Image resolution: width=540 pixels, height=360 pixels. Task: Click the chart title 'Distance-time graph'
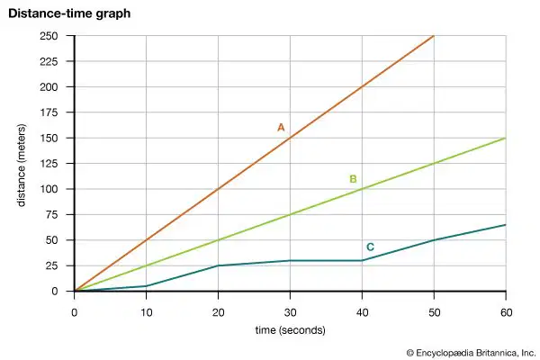(x=69, y=13)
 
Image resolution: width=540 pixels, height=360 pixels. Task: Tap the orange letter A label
(x=281, y=128)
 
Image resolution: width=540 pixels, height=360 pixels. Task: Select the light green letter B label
(x=353, y=179)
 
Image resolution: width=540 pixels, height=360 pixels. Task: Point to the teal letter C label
(x=370, y=247)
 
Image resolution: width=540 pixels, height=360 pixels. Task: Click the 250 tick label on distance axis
(x=49, y=36)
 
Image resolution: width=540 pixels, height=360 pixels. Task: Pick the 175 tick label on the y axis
(x=49, y=112)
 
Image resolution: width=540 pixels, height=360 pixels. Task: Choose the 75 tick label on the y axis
(x=51, y=214)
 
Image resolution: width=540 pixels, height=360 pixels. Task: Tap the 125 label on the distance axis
(x=49, y=163)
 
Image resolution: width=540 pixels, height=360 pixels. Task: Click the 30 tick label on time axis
(x=291, y=312)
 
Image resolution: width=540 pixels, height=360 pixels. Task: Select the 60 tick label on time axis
(x=506, y=312)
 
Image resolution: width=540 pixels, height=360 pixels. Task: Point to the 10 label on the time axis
(x=147, y=312)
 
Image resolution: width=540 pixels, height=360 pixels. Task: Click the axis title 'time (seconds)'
(x=291, y=330)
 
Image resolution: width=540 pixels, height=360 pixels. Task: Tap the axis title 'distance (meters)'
(x=22, y=166)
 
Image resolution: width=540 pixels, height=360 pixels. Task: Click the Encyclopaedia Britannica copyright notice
(x=471, y=353)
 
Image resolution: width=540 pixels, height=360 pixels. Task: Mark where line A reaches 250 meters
(x=434, y=36)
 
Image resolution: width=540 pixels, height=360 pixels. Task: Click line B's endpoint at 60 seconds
(x=506, y=138)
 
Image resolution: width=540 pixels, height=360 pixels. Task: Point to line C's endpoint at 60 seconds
(x=506, y=225)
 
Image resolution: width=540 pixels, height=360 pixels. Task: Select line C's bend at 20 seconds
(x=219, y=265)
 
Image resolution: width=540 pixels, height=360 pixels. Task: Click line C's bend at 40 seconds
(x=362, y=260)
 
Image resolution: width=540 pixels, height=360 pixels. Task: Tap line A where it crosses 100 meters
(x=219, y=189)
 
